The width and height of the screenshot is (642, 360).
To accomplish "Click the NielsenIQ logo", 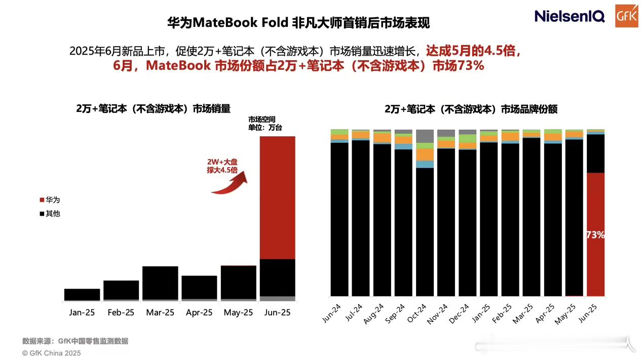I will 570,16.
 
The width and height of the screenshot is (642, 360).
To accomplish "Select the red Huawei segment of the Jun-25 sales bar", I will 277,197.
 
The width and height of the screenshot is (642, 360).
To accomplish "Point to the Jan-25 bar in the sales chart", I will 82,294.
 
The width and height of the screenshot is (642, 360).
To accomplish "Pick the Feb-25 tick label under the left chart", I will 121,312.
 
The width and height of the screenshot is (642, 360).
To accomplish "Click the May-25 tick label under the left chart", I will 238,312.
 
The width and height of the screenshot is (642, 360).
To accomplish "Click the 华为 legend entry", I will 49,200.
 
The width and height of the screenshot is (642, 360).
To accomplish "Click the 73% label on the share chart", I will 595,235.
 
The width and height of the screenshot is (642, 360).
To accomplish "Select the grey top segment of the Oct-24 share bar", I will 425,136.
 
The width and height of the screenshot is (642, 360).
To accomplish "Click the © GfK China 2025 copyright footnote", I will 51,353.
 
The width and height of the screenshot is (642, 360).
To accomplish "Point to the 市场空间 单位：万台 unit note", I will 265,124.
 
